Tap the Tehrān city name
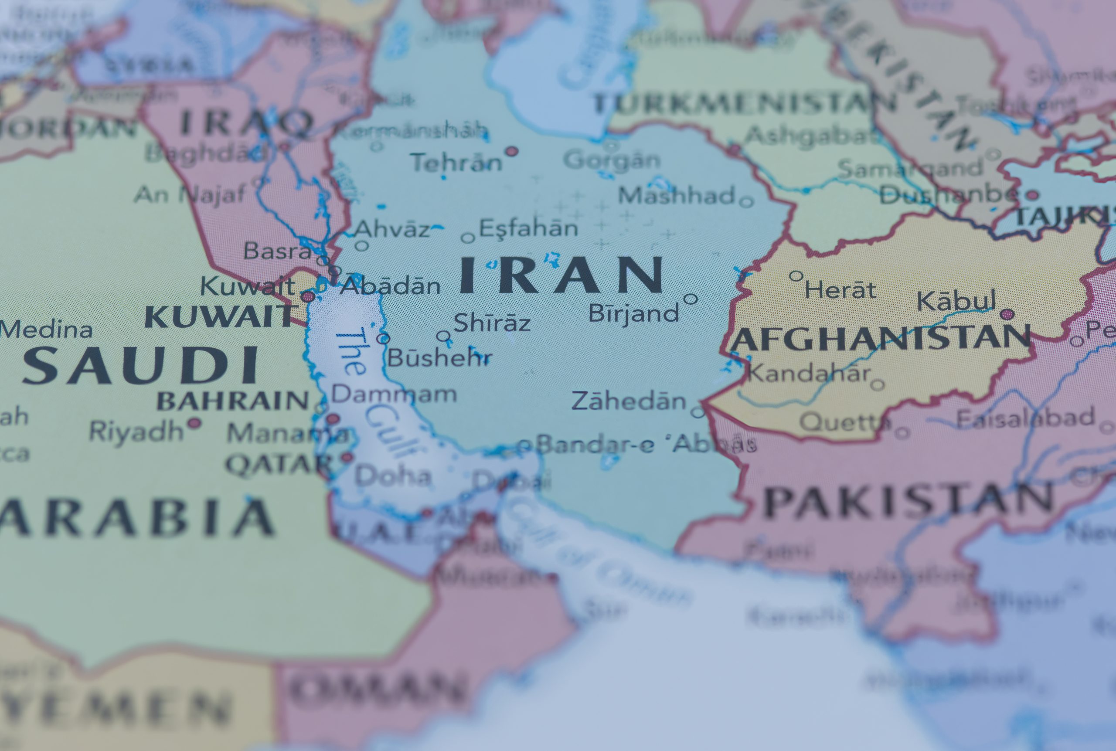coord(456,163)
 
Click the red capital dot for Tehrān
coord(512,151)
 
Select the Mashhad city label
coord(676,195)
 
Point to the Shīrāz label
coord(492,323)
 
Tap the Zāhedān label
coord(629,401)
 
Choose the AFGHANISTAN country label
coord(880,338)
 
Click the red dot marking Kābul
coord(1007,314)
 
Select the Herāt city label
coord(840,290)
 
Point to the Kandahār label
coord(809,373)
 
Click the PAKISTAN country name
coord(908,501)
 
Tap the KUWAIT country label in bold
coord(219,316)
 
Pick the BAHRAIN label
coord(233,401)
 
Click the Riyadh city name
coord(136,431)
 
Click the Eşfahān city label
coord(528,228)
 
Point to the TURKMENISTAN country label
coord(744,103)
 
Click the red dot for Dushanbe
coord(1032,195)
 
